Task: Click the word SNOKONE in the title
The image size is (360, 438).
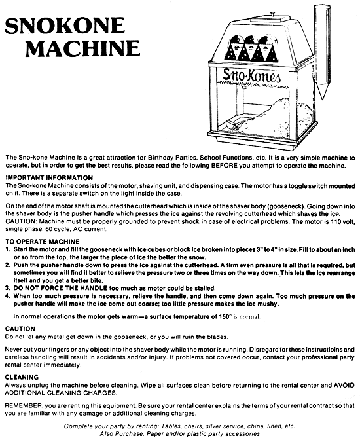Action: tap(65, 26)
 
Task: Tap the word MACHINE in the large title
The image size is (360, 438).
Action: tap(82, 48)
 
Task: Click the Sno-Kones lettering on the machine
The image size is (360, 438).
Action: tap(251, 75)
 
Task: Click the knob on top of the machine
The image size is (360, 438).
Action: tap(272, 14)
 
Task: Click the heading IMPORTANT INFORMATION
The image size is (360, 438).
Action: tap(49, 178)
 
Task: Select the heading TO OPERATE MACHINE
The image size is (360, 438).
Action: tap(43, 242)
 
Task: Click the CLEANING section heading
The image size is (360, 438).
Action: tap(22, 377)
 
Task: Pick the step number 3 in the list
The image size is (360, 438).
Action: tap(7, 288)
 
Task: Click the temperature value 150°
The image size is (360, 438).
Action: tap(225, 316)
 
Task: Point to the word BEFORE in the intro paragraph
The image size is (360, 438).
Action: tap(224, 166)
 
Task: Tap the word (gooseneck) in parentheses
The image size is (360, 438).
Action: tap(286, 206)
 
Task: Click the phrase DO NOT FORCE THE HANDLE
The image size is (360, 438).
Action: tap(60, 288)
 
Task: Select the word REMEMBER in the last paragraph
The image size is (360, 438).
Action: tap(23, 406)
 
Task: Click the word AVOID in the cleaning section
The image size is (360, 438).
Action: tap(344, 385)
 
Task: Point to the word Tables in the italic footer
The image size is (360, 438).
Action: tap(169, 426)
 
